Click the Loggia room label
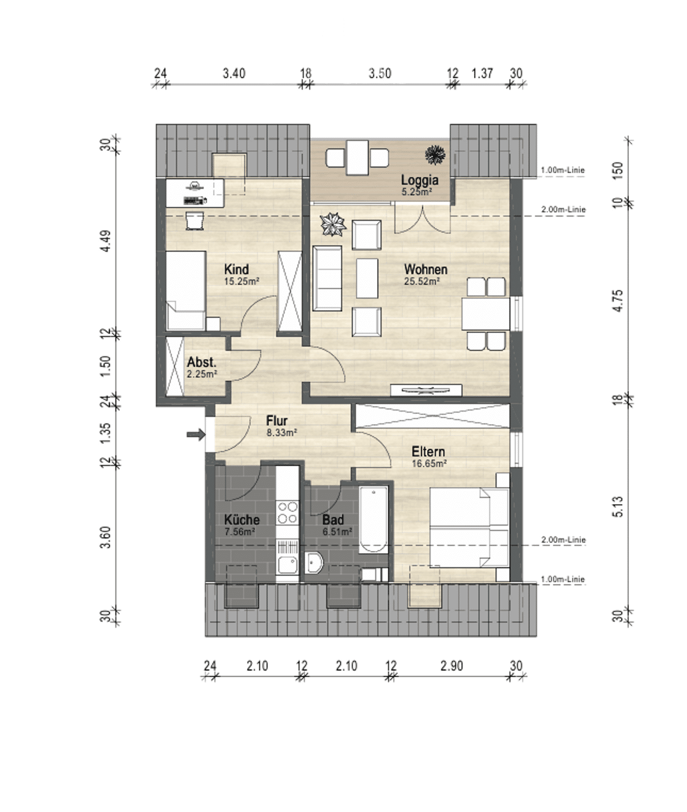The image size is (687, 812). pyautogui.click(x=419, y=180)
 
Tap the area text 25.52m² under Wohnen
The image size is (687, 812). pyautogui.click(x=422, y=281)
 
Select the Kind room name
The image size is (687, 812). pyautogui.click(x=236, y=270)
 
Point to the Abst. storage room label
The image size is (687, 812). pyautogui.click(x=201, y=361)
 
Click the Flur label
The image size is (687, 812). pyautogui.click(x=277, y=421)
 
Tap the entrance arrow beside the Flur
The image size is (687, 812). pyautogui.click(x=196, y=435)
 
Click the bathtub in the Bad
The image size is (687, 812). pyautogui.click(x=373, y=520)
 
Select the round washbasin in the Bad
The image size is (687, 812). pyautogui.click(x=313, y=563)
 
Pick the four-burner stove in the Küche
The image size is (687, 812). pyautogui.click(x=287, y=513)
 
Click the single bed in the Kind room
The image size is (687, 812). pyautogui.click(x=186, y=290)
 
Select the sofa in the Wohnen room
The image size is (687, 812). pyautogui.click(x=327, y=279)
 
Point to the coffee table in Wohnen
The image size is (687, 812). pyautogui.click(x=367, y=278)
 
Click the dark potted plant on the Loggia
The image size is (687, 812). pyautogui.click(x=435, y=155)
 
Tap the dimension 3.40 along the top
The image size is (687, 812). pyautogui.click(x=234, y=73)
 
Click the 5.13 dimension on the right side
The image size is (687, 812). pyautogui.click(x=618, y=507)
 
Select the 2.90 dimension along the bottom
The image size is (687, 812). pyautogui.click(x=451, y=666)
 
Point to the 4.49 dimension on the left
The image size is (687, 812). pyautogui.click(x=105, y=241)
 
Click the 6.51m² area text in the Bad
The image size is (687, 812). pyautogui.click(x=337, y=532)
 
